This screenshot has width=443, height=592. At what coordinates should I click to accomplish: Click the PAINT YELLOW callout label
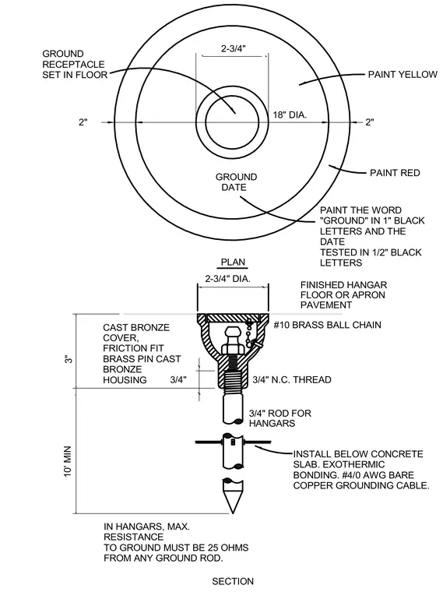(x=403, y=74)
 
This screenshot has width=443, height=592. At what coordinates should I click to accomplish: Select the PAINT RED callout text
(x=395, y=173)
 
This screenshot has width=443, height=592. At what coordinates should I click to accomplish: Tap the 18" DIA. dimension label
(x=290, y=115)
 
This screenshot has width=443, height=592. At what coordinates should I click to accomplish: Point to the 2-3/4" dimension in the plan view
(x=234, y=48)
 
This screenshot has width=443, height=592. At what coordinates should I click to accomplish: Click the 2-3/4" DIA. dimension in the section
(x=227, y=279)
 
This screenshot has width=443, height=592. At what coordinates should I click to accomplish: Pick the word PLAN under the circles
(x=233, y=262)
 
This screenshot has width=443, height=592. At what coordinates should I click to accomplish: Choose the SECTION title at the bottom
(x=233, y=581)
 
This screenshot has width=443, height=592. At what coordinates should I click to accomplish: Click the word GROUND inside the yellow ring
(x=236, y=177)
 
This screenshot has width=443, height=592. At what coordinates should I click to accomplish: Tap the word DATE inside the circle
(x=234, y=187)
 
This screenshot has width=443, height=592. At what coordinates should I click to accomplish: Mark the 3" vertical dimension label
(x=69, y=359)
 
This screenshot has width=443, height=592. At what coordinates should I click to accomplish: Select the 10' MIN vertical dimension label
(x=68, y=461)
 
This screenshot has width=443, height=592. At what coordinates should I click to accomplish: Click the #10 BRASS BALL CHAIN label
(x=327, y=325)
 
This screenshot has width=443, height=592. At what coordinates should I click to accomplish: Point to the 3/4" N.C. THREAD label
(x=292, y=380)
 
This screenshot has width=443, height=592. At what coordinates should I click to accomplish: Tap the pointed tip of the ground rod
(x=233, y=513)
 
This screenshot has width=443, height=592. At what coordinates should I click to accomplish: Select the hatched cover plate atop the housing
(x=234, y=318)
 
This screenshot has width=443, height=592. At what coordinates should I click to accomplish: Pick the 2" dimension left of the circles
(x=83, y=122)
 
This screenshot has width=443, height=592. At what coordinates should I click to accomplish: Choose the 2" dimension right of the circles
(x=370, y=122)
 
